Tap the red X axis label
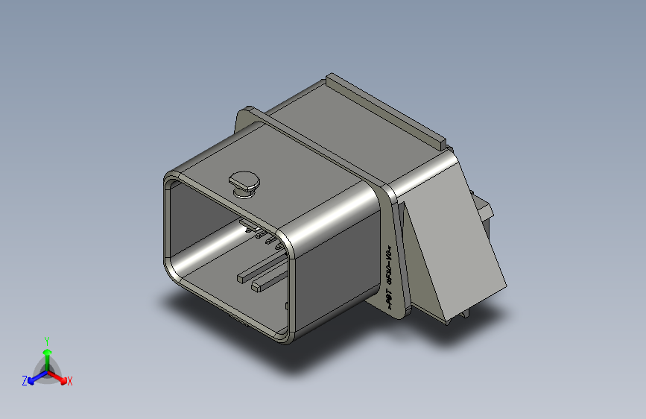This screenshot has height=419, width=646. click(70, 381)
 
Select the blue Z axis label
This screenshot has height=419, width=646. click(25, 380)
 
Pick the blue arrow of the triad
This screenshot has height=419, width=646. click(34, 377)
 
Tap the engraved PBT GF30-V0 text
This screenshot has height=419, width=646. click(389, 276)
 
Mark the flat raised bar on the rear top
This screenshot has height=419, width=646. click(387, 109)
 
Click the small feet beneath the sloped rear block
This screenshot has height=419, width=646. click(451, 319)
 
